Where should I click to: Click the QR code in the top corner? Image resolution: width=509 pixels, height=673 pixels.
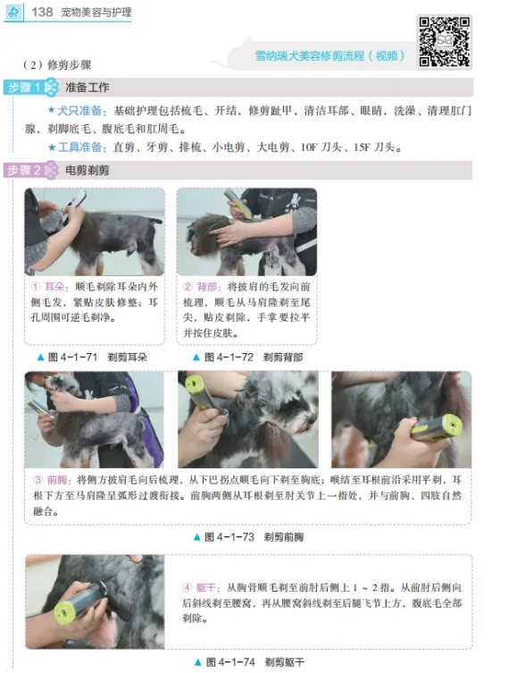tap(444, 42)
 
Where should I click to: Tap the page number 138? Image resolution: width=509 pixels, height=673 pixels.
tap(42, 12)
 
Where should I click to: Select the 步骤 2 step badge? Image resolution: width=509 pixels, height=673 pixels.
tap(31, 170)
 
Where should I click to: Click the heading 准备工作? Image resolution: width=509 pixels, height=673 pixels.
tap(87, 88)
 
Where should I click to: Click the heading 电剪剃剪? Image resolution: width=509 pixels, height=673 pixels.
tap(87, 171)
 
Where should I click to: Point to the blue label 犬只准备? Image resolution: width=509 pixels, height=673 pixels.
tap(79, 111)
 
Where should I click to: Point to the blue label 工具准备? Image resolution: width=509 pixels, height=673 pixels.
tap(80, 147)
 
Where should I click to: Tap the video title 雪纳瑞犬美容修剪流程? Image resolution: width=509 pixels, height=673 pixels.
tap(310, 56)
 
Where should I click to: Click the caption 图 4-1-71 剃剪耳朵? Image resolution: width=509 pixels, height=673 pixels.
tap(93, 358)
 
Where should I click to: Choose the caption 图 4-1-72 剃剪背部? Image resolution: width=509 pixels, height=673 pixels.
tap(248, 358)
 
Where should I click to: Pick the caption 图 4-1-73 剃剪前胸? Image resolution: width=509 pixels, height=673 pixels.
tap(249, 537)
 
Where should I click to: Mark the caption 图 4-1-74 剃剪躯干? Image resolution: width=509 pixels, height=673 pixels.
tap(249, 662)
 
